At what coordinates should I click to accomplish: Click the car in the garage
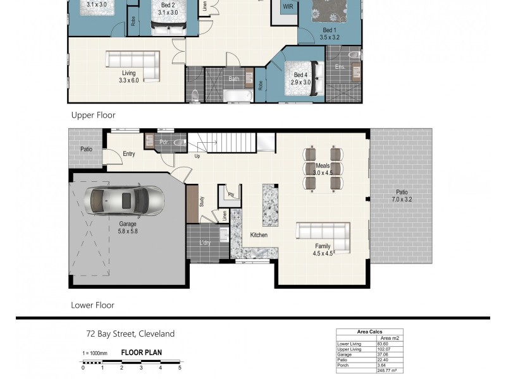[126, 200]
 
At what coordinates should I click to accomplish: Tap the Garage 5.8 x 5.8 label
[128, 227]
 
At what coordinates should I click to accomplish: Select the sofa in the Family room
[324, 236]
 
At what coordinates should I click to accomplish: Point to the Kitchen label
[259, 235]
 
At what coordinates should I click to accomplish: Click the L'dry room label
[204, 243]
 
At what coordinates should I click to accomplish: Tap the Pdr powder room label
[164, 142]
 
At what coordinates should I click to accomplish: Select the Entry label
[129, 153]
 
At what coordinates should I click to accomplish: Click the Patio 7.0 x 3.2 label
[402, 196]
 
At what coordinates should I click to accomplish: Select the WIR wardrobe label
[288, 6]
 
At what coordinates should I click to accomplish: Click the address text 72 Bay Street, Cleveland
[130, 334]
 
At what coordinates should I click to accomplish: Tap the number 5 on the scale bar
[180, 367]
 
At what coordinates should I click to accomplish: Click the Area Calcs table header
[369, 332]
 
